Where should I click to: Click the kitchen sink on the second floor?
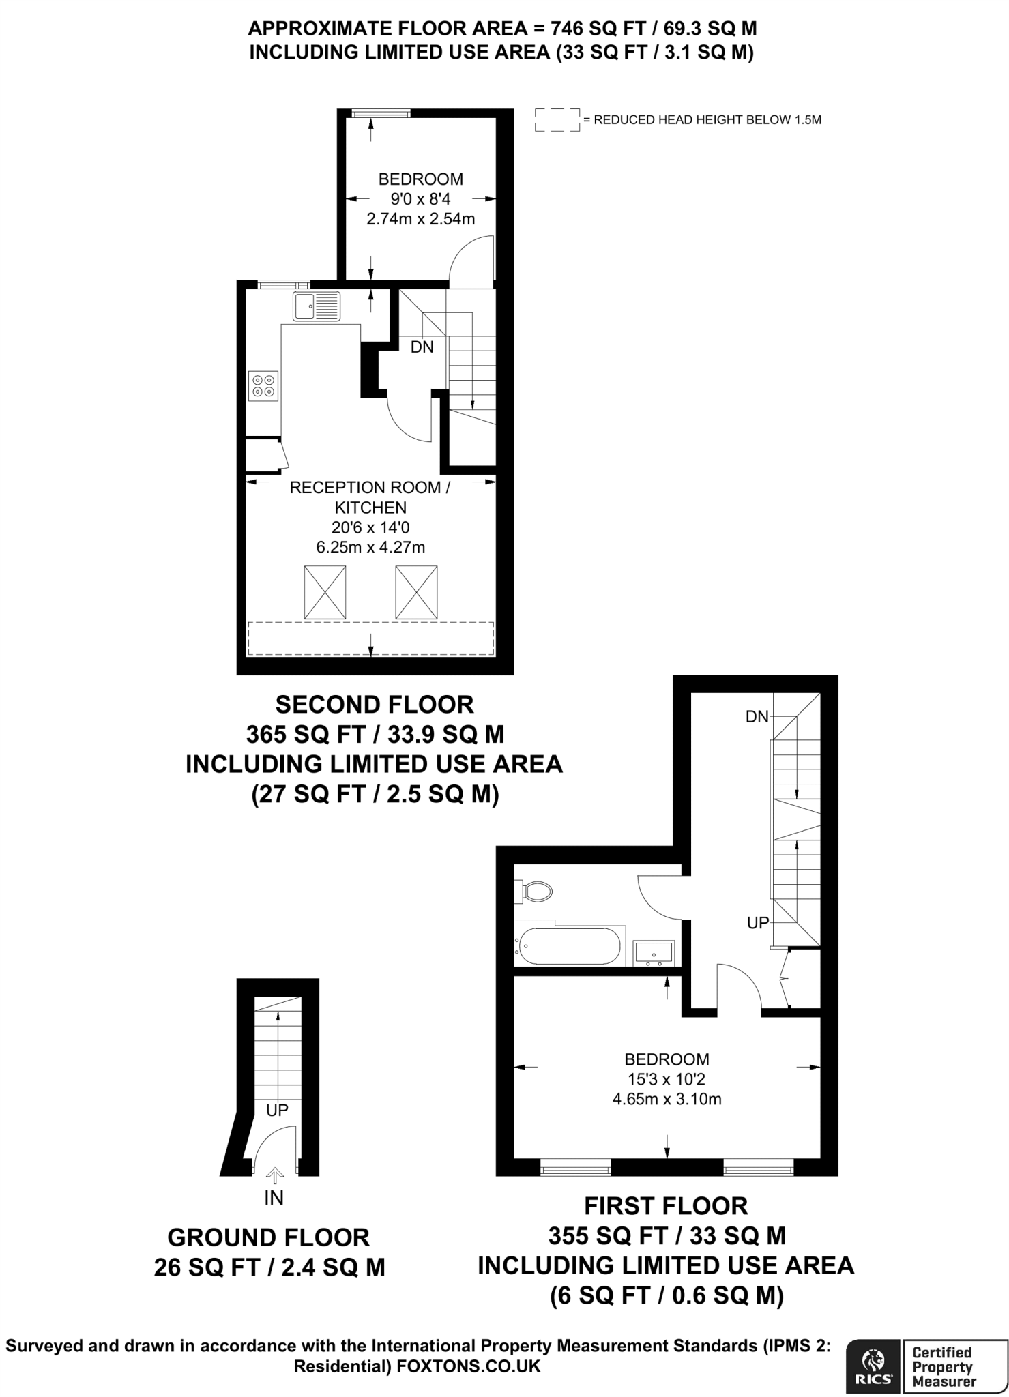[x=317, y=306]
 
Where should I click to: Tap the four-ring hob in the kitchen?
[x=264, y=385]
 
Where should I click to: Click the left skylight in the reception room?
[x=324, y=593]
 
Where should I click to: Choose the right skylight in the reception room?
[x=416, y=593]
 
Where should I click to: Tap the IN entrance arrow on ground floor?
[x=275, y=1175]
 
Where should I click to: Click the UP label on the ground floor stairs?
[x=277, y=1110]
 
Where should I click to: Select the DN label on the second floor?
[x=422, y=347]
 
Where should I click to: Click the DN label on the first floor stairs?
[x=757, y=716]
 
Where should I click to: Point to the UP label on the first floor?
[x=758, y=923]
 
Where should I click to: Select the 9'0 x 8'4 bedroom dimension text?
[x=421, y=199]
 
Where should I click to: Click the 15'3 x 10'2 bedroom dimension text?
[x=667, y=1079]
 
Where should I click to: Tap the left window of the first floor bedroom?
[x=576, y=1169]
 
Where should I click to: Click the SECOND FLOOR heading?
[x=375, y=704]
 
